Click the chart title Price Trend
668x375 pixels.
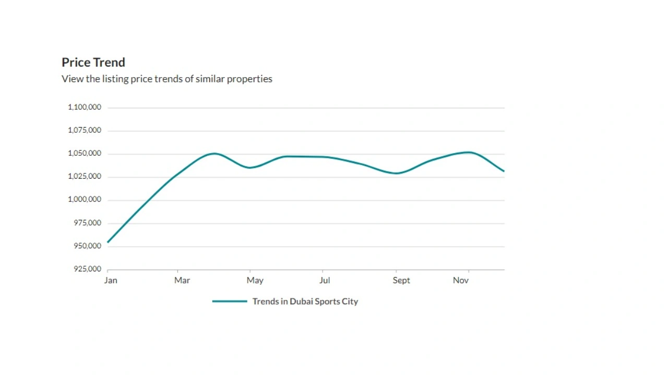[x=93, y=63]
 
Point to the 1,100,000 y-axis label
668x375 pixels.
[x=85, y=107]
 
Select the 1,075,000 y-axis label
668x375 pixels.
[x=85, y=130]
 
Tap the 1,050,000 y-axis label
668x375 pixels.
[x=85, y=154]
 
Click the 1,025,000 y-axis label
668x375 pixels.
[x=85, y=177]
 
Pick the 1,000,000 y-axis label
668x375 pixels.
[x=85, y=199]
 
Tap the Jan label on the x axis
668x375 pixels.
[x=111, y=280]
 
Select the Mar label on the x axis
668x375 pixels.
[x=182, y=280]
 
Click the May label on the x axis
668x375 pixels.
[x=255, y=280]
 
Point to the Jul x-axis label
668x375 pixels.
[x=325, y=280]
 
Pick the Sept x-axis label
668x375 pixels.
[x=401, y=280]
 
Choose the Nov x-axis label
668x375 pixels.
[x=461, y=280]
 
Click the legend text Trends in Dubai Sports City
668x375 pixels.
[x=305, y=302]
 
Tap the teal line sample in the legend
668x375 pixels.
[x=230, y=302]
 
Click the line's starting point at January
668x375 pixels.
[x=108, y=242]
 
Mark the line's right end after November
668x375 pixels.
[x=504, y=171]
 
